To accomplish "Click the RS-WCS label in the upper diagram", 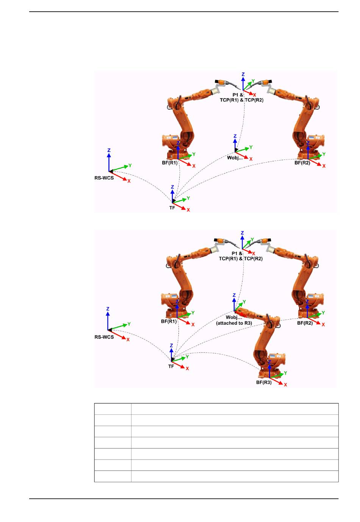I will pos(104,178).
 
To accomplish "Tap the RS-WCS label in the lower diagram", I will pos(104,337).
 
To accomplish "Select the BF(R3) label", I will pos(264,382).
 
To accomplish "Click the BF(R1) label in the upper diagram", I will pos(169,163).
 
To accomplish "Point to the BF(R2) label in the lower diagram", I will pos(305,323).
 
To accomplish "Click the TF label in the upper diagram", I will pos(172,208).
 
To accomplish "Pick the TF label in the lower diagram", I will pos(171,366).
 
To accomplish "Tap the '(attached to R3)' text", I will pos(234,323).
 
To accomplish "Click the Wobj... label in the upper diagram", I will pos(235,158).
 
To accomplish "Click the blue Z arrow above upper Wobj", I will pos(235,144).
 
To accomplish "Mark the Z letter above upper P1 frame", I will pos(243,75).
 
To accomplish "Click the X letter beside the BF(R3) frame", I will pos(285,385).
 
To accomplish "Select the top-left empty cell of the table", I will pos(113,409).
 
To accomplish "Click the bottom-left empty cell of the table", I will pos(113,476).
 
